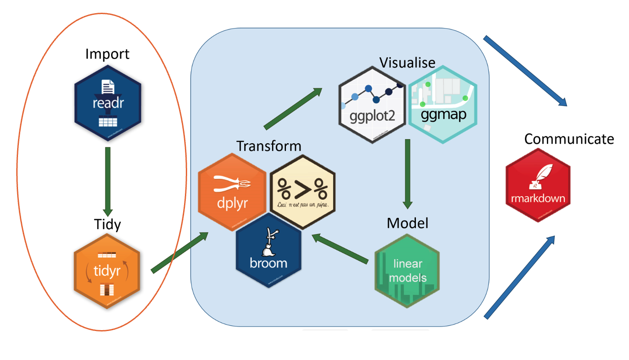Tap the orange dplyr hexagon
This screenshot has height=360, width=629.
[232, 193]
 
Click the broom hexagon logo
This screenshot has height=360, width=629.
[268, 250]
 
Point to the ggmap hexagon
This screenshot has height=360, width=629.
[442, 104]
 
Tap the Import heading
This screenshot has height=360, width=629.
[108, 54]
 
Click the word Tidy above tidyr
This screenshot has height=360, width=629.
[108, 224]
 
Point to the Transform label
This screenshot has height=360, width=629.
[269, 146]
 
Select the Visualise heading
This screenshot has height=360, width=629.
[408, 62]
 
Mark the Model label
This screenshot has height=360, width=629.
[407, 223]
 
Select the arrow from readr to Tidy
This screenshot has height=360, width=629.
[108, 180]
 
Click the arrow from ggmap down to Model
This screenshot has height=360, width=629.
[408, 174]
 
